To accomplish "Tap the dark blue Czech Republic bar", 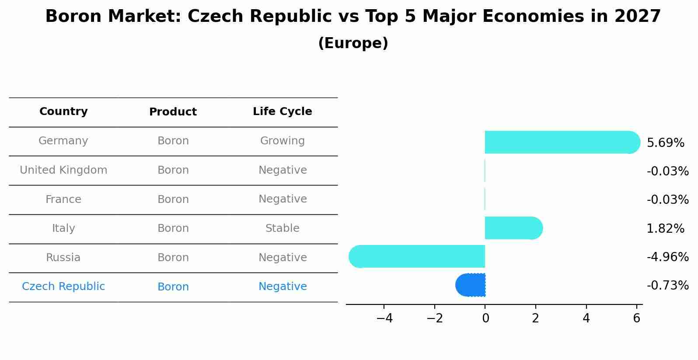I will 471,285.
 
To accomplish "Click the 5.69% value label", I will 665,143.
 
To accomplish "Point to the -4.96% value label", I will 667,257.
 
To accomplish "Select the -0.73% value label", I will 667,286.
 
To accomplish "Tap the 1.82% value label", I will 665,228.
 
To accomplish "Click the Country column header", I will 63,112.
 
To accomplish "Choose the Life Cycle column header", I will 283,112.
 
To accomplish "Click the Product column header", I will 173,112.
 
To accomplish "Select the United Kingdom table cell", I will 63,170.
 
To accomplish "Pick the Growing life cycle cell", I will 283,141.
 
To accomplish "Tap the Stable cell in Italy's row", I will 283,228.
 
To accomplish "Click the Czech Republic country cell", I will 63,287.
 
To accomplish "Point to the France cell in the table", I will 63,199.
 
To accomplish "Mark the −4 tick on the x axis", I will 384,318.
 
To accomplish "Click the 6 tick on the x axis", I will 637,318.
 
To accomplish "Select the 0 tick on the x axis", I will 485,318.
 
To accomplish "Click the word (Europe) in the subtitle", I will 353,43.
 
